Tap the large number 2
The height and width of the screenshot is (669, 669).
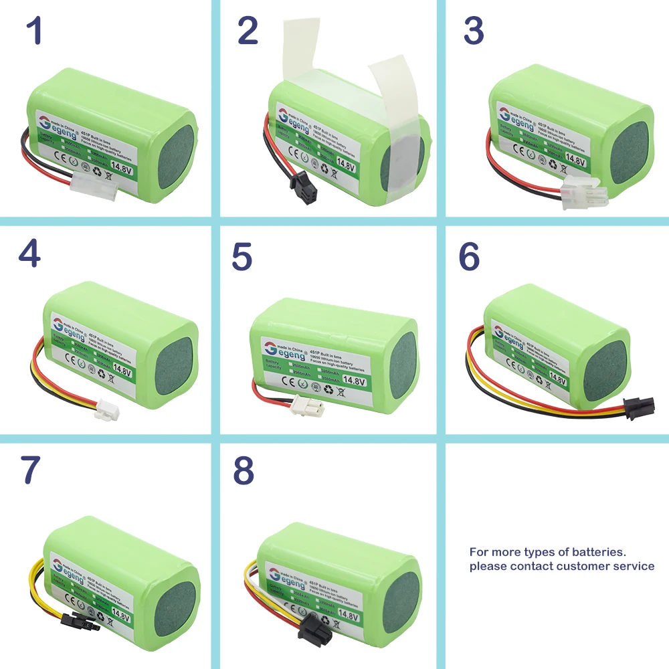click(x=248, y=31)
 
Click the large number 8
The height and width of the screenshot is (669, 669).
click(x=244, y=471)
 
